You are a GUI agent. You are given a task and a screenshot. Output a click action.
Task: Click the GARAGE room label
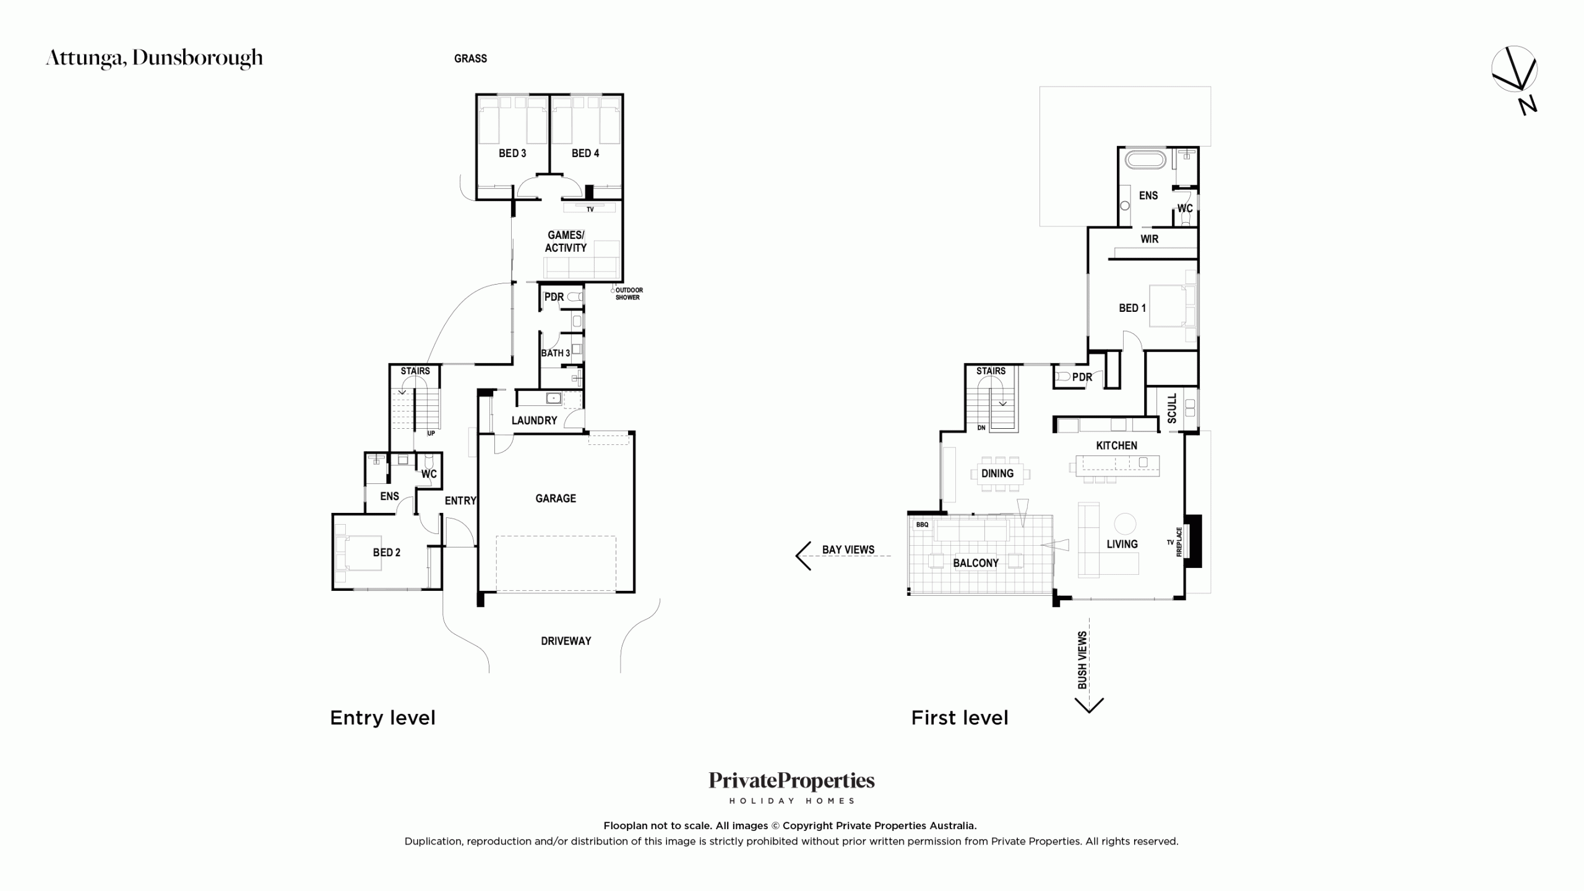point(556,498)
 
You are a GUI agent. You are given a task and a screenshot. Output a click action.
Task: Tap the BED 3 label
point(512,153)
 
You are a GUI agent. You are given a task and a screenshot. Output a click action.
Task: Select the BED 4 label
point(585,153)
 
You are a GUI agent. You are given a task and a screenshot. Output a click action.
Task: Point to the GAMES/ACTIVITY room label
point(566,241)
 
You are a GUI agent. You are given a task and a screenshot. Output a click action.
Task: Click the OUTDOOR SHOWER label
point(629,293)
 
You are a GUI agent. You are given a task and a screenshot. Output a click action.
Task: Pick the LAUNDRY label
point(534,420)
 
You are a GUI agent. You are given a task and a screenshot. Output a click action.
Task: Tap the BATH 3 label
point(556,353)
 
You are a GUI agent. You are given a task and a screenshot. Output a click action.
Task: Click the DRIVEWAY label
point(566,641)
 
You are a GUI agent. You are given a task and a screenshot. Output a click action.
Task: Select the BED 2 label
point(386,553)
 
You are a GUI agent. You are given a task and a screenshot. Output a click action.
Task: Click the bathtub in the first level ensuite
point(1145,159)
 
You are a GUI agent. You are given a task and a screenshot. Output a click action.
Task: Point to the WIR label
point(1149,239)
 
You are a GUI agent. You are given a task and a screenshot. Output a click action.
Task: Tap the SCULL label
point(1172,408)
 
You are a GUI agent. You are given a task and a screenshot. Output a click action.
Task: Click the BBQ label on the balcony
point(922,525)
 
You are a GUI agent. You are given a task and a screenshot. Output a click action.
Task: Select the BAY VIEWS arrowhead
point(803,556)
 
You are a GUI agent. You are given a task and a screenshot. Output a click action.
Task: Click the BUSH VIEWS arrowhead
point(1089,705)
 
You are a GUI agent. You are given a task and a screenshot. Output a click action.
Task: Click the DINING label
point(997,473)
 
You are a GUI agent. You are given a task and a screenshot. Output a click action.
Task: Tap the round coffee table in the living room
point(1125,524)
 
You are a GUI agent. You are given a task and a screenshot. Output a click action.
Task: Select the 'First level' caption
point(960,718)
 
